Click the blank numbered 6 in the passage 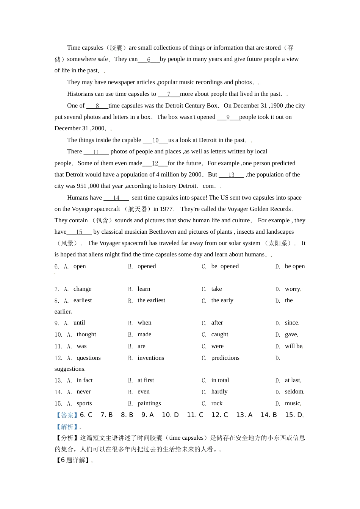coord(149,59)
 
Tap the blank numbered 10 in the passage coord(155,141)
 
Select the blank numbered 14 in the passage coord(116,198)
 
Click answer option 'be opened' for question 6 coord(225,266)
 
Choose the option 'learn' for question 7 coord(144,289)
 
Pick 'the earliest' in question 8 coord(151,300)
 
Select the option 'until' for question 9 coord(79,323)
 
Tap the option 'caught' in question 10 coord(220,334)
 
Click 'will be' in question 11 coord(294,346)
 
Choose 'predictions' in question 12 coord(225,358)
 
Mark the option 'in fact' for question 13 coord(85,380)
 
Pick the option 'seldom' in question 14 coord(294,392)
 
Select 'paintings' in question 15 coord(149,403)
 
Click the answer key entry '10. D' coord(170,415)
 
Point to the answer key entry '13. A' coord(244,415)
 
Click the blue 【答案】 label coord(67,415)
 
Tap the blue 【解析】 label coord(67,427)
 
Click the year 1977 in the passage coord(166,209)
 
